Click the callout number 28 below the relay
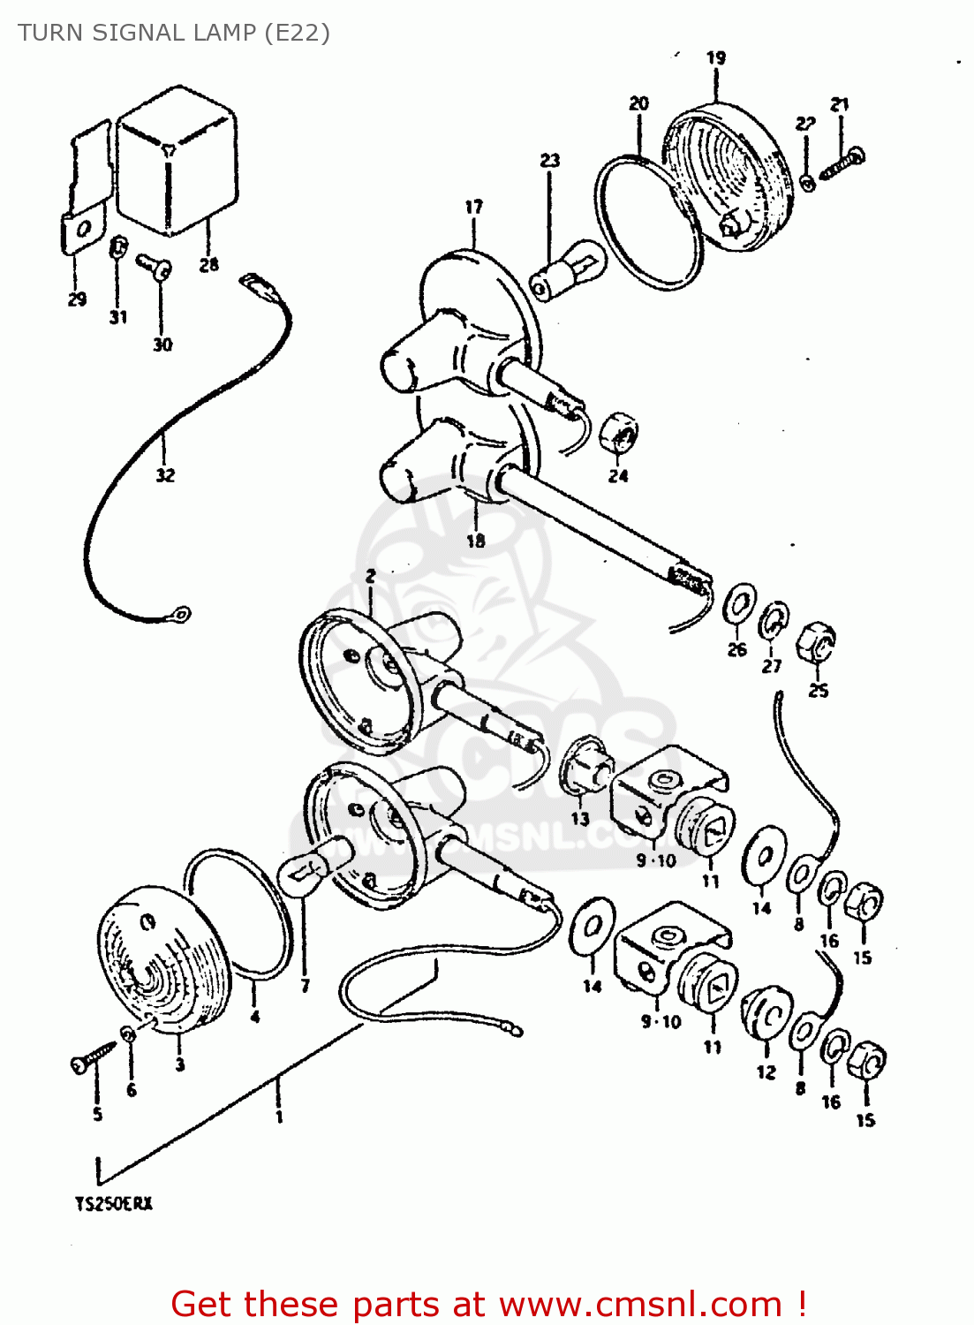pos(208,264)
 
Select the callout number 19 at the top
pos(716,57)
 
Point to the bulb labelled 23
pos(569,269)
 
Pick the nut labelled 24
pos(620,432)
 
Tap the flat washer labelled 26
pos(739,602)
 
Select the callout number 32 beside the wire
pos(165,475)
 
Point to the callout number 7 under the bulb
pos(306,986)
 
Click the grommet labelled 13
pos(586,766)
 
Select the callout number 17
pos(474,207)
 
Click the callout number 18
pos(476,541)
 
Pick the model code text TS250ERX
pos(113,1203)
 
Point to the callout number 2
pos(371,576)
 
